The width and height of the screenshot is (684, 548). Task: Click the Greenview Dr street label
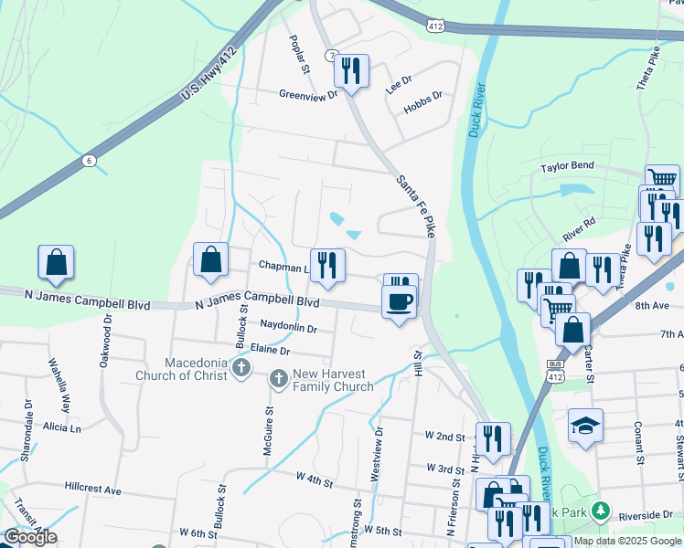pyautogui.click(x=308, y=93)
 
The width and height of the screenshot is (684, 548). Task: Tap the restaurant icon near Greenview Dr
pyautogui.click(x=351, y=69)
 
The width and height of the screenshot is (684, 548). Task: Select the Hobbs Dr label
pyautogui.click(x=423, y=95)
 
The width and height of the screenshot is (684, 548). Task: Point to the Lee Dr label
pyautogui.click(x=399, y=79)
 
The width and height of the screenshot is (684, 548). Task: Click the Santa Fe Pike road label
pyautogui.click(x=415, y=197)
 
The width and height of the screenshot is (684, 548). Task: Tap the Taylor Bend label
pyautogui.click(x=567, y=167)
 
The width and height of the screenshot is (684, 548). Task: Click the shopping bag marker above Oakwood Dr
pyautogui.click(x=56, y=262)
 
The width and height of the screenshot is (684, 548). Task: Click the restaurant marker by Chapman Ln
pyautogui.click(x=327, y=266)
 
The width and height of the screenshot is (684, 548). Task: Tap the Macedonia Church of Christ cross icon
pyautogui.click(x=241, y=368)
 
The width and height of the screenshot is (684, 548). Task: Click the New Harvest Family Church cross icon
pyautogui.click(x=278, y=377)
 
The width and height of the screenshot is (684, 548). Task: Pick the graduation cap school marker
pyautogui.click(x=585, y=426)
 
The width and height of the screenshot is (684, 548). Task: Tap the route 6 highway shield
pyautogui.click(x=89, y=161)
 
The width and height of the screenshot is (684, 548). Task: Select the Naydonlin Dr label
pyautogui.click(x=288, y=327)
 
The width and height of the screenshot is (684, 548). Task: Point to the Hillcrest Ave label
pyautogui.click(x=93, y=490)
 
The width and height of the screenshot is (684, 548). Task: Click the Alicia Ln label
pyautogui.click(x=61, y=427)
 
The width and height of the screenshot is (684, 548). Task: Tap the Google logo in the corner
pyautogui.click(x=30, y=538)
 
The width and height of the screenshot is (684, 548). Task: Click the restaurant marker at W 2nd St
pyautogui.click(x=493, y=438)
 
